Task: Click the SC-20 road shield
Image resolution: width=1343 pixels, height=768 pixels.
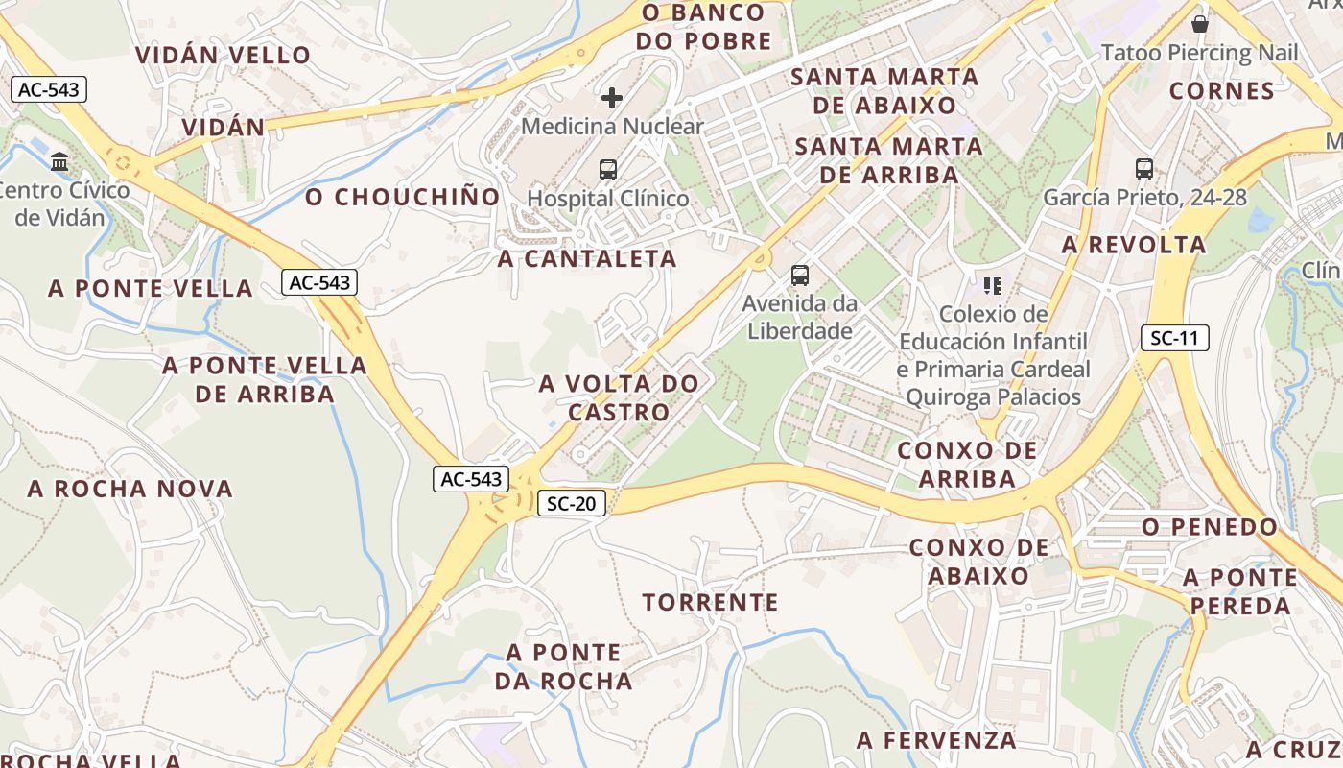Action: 571,503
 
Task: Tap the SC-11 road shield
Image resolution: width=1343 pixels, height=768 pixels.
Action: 1174,338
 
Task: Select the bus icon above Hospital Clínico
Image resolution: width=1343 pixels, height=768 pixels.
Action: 608,170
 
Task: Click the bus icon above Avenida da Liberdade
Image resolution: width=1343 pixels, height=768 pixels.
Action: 800,276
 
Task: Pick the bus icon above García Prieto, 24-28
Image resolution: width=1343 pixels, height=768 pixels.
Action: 1144,169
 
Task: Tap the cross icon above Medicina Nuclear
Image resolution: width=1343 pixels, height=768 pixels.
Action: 612,98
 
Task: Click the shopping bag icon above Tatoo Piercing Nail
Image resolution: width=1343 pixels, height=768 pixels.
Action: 1199,24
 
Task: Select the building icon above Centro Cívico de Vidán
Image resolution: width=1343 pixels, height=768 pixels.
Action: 60,161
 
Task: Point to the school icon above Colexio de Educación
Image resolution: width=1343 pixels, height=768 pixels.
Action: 993,285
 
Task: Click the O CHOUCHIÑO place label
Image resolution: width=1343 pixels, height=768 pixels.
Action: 403,198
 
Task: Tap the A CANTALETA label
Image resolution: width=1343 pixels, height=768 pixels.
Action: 587,258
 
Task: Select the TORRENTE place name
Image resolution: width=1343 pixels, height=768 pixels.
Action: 710,603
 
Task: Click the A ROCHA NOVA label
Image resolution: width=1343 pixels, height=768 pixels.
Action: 130,489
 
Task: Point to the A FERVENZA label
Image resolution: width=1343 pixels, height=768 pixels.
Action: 936,740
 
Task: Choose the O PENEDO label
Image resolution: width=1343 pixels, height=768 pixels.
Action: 1210,527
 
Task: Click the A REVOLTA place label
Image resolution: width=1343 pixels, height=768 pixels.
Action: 1134,245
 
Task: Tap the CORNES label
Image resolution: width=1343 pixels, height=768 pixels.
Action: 1222,91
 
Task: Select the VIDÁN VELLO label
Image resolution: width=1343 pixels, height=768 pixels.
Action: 224,55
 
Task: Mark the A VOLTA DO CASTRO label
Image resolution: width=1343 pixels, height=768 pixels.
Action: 619,398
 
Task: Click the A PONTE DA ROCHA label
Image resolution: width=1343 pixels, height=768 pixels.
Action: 564,667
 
